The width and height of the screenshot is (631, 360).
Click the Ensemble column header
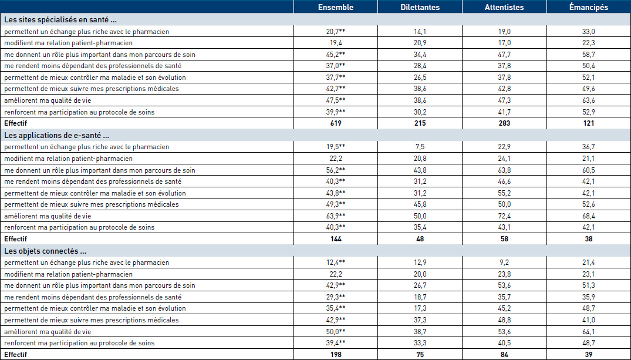point(336,7)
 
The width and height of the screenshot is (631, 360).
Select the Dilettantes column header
point(420,7)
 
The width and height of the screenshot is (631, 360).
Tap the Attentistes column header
point(504,7)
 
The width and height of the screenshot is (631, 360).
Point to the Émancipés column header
point(588,7)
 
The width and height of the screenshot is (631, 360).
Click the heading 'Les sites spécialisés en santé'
point(61,20)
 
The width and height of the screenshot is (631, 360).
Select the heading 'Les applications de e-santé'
point(57,135)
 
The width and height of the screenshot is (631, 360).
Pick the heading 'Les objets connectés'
point(45,251)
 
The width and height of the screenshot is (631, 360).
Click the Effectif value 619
point(336,123)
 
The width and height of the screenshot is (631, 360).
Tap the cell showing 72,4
point(504,216)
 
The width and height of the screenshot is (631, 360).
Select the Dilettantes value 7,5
point(420,147)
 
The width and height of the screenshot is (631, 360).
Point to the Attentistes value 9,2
point(504,263)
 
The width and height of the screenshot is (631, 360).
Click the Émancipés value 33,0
point(588,31)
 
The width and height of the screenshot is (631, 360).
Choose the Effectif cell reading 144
point(336,239)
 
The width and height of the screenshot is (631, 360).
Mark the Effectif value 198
point(336,354)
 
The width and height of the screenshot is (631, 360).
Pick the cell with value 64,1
point(588,332)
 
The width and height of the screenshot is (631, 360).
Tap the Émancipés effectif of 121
point(588,123)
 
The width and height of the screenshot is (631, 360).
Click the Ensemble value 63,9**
point(336,216)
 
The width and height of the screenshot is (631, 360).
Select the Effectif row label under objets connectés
point(16,354)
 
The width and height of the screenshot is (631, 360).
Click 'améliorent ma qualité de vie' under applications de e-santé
point(48,216)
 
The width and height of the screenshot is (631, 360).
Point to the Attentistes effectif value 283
point(504,123)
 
